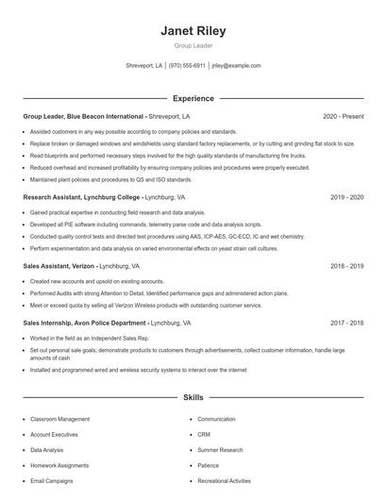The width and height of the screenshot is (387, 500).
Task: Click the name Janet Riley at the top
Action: point(193,31)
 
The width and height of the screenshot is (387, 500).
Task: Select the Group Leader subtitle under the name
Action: point(193,46)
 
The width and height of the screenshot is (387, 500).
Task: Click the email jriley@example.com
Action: point(236,66)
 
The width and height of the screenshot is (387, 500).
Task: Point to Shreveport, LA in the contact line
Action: point(144,66)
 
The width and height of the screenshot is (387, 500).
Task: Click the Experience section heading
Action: point(193,98)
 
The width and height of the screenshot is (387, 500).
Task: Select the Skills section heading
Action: point(193,399)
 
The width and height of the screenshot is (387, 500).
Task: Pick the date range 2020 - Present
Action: point(343,116)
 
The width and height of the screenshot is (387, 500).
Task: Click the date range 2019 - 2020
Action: point(346,198)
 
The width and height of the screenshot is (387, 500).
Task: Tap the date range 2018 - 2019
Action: point(346,267)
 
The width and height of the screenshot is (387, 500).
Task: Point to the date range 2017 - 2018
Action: point(346,323)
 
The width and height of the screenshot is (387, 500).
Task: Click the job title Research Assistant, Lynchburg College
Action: point(83,198)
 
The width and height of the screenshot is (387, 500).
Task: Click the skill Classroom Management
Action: point(59,419)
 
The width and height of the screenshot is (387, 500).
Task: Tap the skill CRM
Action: point(204,435)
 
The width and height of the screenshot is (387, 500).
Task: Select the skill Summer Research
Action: point(220,450)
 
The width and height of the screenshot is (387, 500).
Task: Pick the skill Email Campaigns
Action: point(52,481)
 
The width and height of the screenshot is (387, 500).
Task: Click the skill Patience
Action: point(209,466)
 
